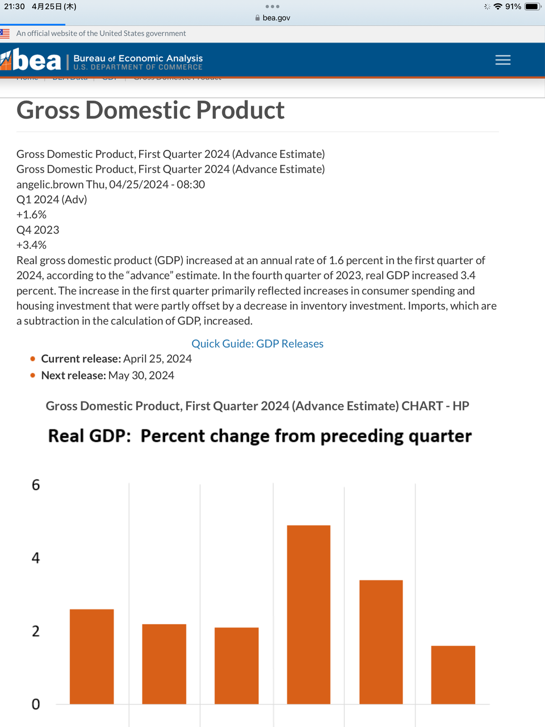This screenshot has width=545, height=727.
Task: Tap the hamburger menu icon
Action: click(502, 60)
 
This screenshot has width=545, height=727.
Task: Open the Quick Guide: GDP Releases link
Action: click(257, 344)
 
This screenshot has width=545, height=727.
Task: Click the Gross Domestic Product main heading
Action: click(150, 110)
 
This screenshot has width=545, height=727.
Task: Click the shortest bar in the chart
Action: click(453, 675)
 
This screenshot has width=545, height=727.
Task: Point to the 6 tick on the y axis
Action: click(36, 485)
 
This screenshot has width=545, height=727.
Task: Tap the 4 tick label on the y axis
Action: click(36, 558)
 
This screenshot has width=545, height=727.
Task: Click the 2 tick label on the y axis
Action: click(36, 631)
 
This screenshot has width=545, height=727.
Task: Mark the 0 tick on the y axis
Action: click(36, 704)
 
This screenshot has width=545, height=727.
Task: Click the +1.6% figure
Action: click(31, 215)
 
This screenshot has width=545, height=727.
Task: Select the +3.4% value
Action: click(31, 245)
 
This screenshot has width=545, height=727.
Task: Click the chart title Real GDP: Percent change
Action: click(259, 436)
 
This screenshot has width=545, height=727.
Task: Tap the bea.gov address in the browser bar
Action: click(276, 18)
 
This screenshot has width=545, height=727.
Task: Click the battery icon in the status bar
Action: click(533, 7)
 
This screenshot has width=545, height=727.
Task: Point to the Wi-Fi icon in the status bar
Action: click(498, 7)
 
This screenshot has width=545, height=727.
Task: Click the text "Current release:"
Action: click(81, 359)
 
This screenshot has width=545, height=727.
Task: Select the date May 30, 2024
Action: click(141, 375)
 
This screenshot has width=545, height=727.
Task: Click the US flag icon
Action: click(5, 34)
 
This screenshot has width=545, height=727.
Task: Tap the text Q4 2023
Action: click(37, 230)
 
